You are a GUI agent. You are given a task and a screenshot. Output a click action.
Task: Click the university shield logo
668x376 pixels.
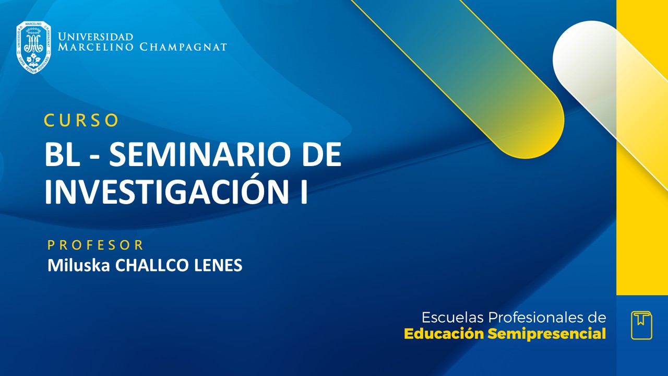33,48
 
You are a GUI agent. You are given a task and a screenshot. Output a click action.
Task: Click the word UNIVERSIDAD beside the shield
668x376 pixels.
96,37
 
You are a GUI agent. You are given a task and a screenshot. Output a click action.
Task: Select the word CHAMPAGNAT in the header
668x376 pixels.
183,47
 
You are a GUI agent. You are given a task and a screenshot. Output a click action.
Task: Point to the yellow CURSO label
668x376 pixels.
81,120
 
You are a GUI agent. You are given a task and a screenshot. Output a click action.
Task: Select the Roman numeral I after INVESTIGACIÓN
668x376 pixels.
302,192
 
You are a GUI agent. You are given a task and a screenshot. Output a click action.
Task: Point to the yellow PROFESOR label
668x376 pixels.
96,245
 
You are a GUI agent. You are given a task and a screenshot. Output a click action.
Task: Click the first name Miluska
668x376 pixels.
79,265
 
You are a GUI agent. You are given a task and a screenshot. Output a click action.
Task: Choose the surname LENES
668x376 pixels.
218,265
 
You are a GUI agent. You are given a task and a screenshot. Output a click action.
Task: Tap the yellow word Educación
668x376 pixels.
444,334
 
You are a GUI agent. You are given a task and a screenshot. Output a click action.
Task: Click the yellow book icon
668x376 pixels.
641,325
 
